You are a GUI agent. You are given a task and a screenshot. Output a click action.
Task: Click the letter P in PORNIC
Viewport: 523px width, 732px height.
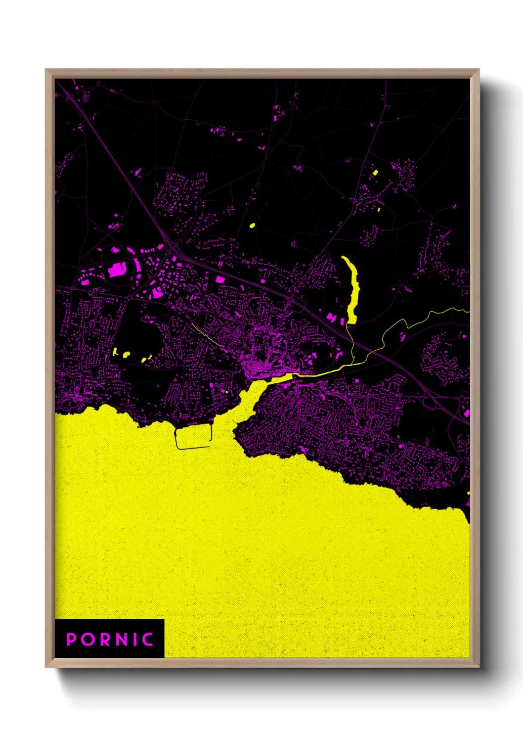72,639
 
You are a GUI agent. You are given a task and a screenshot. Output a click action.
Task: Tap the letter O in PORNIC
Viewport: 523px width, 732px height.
89,639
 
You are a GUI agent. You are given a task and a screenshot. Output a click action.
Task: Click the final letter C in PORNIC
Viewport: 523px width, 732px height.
148,639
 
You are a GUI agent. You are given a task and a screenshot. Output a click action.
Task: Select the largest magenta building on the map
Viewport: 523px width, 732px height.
117,270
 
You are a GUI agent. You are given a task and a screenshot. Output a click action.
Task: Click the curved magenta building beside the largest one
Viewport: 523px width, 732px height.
136,270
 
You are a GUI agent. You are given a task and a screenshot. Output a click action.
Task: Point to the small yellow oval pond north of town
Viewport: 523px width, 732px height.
252,226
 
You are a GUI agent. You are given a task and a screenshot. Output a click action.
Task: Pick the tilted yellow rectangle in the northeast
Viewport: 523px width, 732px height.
375,173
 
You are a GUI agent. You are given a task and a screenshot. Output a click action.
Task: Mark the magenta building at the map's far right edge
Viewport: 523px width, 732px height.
467,412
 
